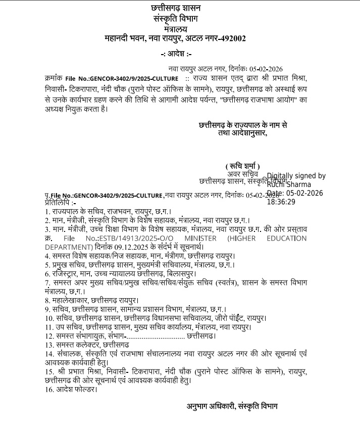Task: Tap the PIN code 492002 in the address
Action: click(233, 38)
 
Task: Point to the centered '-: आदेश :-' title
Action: click(176, 54)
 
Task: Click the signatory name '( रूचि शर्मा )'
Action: click(242, 166)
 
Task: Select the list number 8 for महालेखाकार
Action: click(47, 300)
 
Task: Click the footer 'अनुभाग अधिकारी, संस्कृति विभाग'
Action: click(232, 406)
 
